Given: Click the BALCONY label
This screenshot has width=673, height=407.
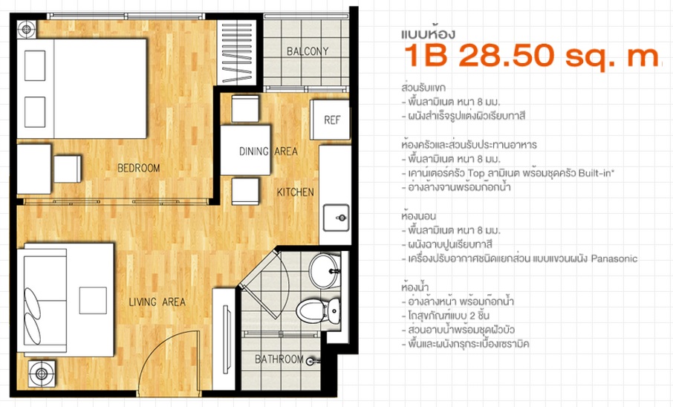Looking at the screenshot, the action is click(308, 51).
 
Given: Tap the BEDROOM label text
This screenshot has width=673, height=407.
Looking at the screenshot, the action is click(139, 168).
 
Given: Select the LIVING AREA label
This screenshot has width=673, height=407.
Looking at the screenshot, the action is click(157, 302).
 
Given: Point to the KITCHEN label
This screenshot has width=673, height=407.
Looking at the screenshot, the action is click(296, 192).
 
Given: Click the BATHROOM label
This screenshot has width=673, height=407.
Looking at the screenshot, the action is click(279, 359).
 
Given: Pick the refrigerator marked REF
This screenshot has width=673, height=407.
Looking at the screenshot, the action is click(330, 120).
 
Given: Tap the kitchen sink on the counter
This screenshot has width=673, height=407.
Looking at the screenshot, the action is click(336, 218).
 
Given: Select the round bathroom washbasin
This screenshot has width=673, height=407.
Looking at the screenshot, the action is click(325, 271).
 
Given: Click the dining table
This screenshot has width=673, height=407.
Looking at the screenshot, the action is click(246, 150).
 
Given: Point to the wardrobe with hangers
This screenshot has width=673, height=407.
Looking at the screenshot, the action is click(236, 51).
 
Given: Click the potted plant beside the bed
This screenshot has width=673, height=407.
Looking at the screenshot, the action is click(27, 30).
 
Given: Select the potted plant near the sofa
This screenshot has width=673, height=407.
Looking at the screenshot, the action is click(42, 374).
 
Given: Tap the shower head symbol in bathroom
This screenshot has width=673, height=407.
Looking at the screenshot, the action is click(313, 362).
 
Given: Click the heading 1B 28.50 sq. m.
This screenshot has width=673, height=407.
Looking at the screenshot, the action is click(531, 56).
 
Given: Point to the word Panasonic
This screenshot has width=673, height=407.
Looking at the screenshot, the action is click(614, 258).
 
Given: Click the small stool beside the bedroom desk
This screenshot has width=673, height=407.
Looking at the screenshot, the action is click(68, 169).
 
